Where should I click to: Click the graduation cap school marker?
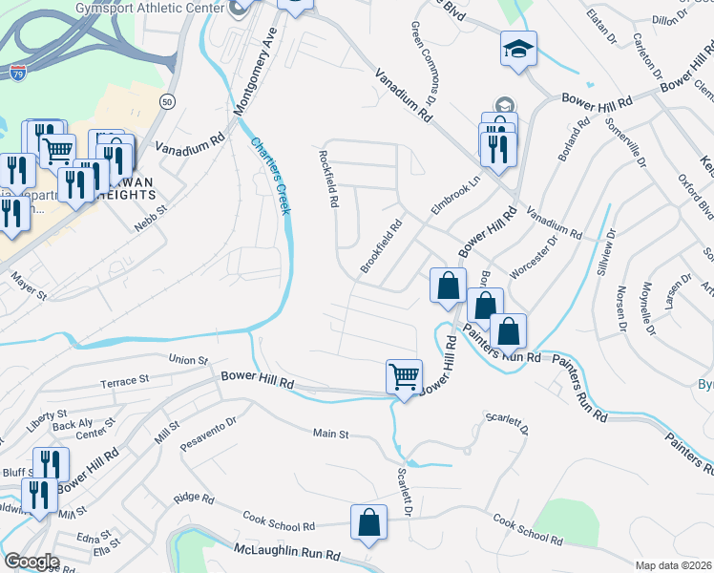[519, 49]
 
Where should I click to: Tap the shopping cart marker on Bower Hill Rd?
[405, 377]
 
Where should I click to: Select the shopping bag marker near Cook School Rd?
[368, 522]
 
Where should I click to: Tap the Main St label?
[330, 434]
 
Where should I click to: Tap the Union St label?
[187, 360]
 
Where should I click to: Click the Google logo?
[32, 562]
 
